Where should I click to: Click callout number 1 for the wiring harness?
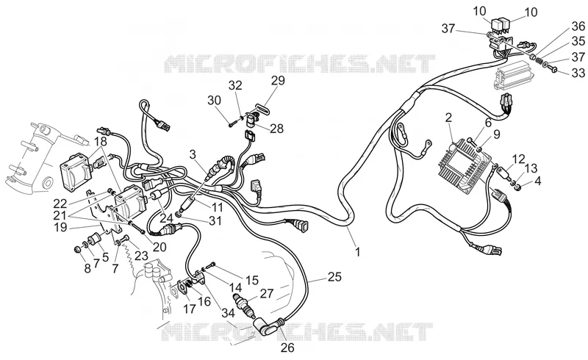[358, 252]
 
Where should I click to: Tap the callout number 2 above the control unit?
[448, 118]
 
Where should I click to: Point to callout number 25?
[334, 277]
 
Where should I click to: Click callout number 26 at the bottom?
[287, 348]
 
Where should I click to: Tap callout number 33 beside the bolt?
[578, 73]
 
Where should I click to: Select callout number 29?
[278, 81]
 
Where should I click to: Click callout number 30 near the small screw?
[214, 101]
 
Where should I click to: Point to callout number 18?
[101, 142]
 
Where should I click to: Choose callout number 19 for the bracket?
[60, 227]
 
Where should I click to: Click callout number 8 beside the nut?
[87, 268]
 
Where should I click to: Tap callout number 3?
[193, 154]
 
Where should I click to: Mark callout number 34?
[228, 312]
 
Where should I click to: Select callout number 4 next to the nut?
[538, 181]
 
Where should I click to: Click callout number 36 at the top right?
[578, 26]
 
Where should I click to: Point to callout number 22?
[60, 204]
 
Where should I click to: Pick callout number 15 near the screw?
[252, 280]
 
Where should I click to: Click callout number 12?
[519, 159]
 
